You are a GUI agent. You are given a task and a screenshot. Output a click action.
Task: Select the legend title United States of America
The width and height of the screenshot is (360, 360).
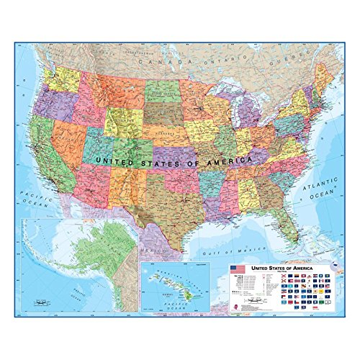288,266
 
